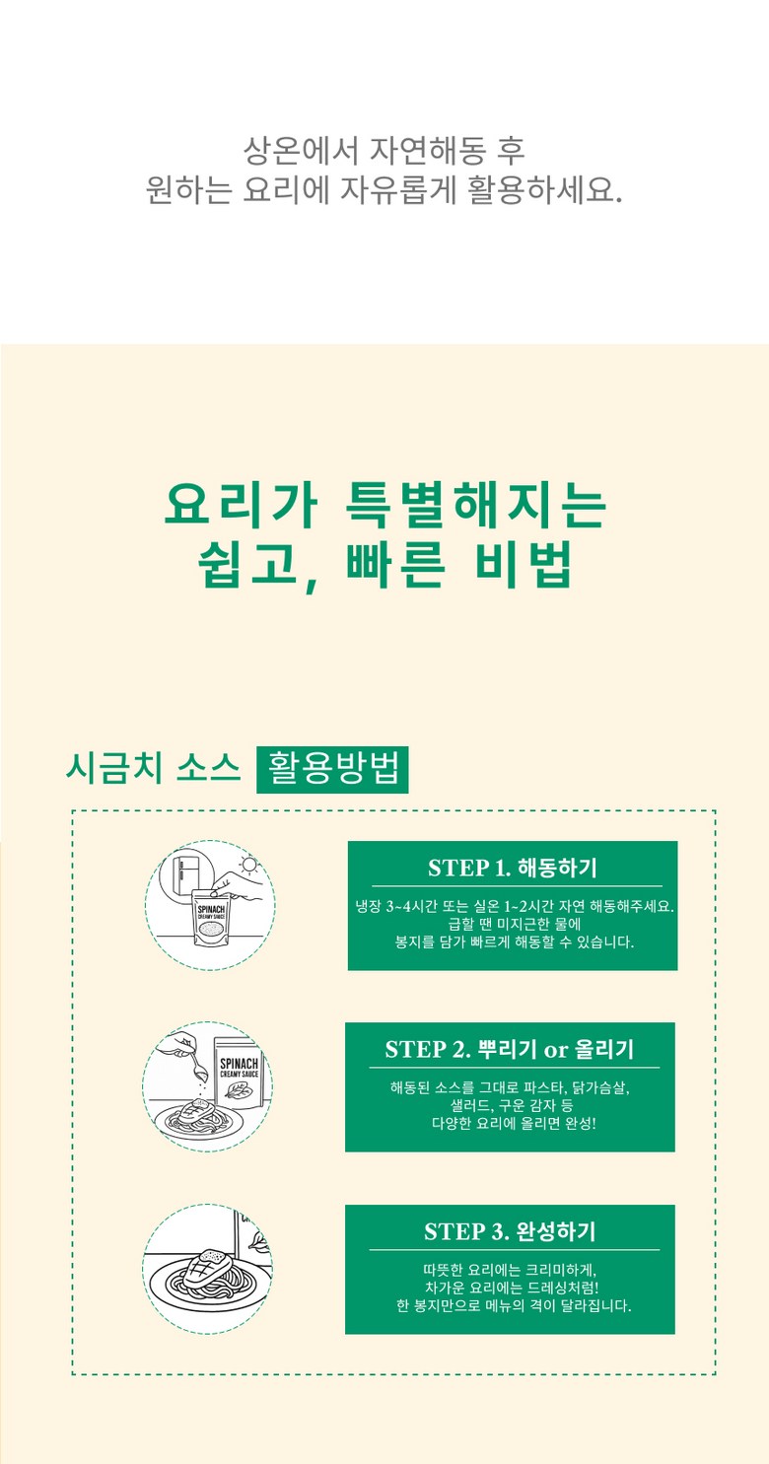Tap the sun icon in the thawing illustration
point(248,866)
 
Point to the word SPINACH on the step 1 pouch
point(211,909)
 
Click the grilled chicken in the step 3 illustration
point(204,1269)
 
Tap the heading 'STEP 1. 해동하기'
point(513,868)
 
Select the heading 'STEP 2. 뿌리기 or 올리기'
point(510,1049)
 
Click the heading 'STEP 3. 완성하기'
point(510,1231)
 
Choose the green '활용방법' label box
point(332,769)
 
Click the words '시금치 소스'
point(154,768)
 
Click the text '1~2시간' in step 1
point(527,907)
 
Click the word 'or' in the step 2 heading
point(556,1050)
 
